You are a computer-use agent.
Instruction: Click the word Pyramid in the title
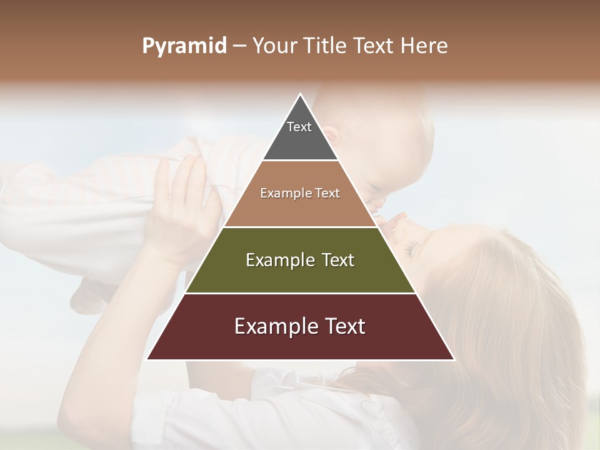tap(184, 46)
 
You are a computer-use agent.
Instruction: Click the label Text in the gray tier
tap(299, 127)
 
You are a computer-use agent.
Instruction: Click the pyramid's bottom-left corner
tap(147, 359)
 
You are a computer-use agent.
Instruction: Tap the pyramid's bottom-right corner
tap(454, 359)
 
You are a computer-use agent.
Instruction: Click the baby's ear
tap(331, 134)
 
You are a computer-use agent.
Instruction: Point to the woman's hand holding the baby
tap(181, 200)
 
